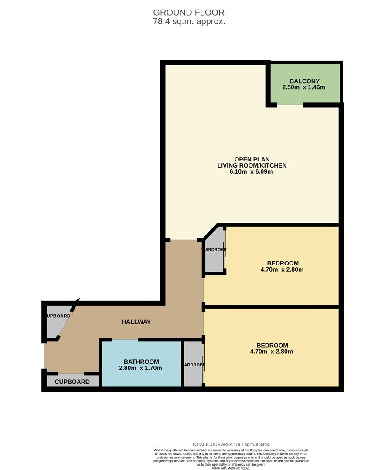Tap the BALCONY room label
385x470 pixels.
304,81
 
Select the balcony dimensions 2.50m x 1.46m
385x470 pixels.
304,87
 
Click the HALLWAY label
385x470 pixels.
136,322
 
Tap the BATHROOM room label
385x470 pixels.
141,362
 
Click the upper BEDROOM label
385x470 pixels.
283,263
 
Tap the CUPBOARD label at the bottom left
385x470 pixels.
72,382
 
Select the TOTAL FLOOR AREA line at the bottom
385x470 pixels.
231,444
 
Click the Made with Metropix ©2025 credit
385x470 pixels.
231,468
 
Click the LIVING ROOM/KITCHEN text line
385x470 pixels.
252,165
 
